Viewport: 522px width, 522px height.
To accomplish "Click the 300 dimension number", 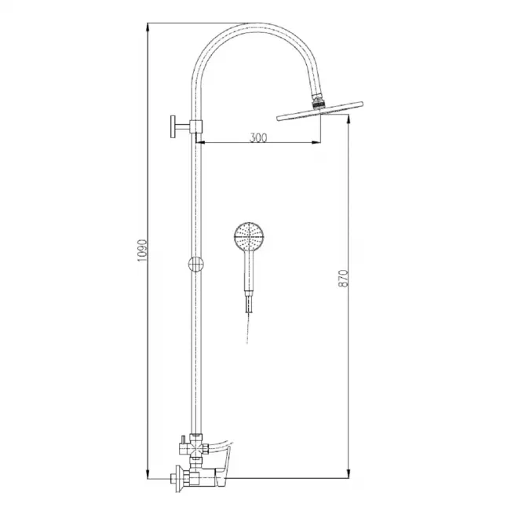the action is point(258,137).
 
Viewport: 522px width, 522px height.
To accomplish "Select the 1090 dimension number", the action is point(142,250).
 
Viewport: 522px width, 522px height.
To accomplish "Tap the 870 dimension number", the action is point(343,279).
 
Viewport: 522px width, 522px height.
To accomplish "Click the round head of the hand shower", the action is point(249,237).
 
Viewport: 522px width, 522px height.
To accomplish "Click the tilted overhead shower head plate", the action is point(319,111).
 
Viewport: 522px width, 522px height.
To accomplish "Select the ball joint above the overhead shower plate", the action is point(318,101).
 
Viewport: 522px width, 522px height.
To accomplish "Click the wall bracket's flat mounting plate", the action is point(173,126).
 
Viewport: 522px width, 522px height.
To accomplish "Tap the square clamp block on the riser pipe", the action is point(196,126).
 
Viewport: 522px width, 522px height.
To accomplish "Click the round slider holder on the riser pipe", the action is point(196,265).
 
